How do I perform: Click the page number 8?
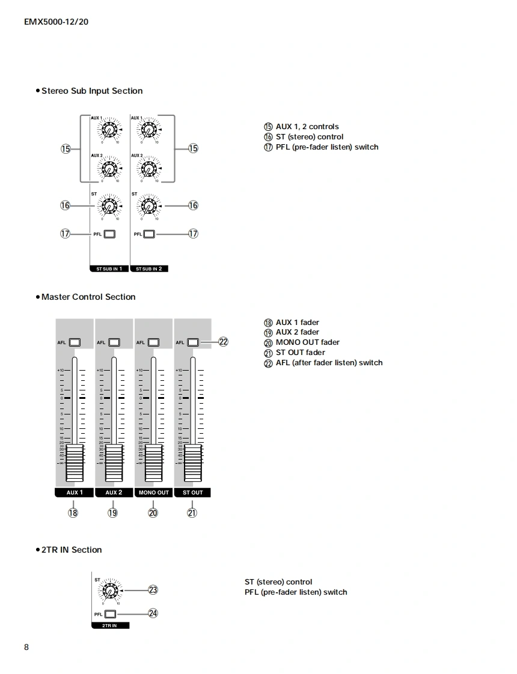click(x=26, y=647)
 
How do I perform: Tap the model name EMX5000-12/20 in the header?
click(x=56, y=22)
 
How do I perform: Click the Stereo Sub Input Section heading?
click(x=91, y=91)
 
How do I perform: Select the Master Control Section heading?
click(x=88, y=297)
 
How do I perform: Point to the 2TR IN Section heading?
click(x=71, y=550)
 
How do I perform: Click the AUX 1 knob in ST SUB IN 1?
click(x=109, y=129)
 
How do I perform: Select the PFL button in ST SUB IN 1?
click(x=109, y=234)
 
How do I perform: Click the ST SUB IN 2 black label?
click(x=149, y=269)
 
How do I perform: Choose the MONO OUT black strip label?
click(x=153, y=493)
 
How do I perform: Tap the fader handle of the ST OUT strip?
click(x=193, y=463)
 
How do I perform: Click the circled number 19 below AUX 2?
click(x=112, y=513)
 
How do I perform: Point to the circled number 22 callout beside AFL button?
click(x=224, y=342)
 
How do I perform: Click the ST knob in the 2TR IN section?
click(x=110, y=591)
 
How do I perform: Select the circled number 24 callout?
click(x=153, y=613)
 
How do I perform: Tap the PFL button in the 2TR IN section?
click(x=109, y=615)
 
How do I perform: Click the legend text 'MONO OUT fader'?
click(x=307, y=342)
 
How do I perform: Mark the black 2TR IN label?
click(x=109, y=625)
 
